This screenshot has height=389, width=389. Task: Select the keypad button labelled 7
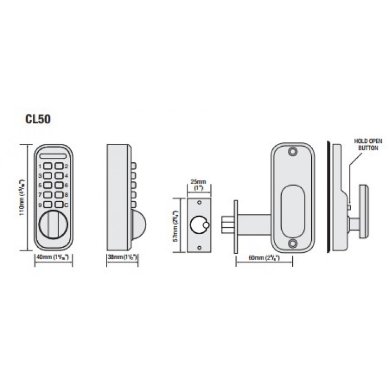[48, 194]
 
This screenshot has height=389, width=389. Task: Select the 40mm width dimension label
[54, 258]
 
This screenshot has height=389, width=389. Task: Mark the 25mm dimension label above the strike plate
[198, 184]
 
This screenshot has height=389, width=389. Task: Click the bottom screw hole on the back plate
[292, 243]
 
